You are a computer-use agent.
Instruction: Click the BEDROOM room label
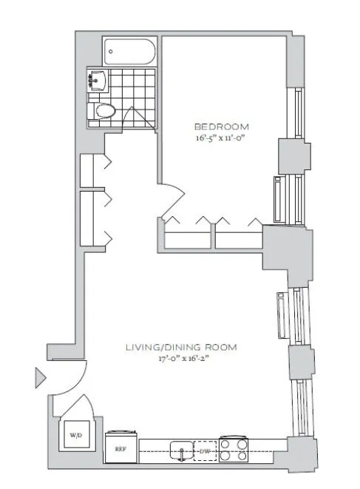click(x=222, y=126)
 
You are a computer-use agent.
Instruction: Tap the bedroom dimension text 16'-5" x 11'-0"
click(x=222, y=138)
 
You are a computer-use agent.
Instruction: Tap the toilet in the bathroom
click(x=104, y=112)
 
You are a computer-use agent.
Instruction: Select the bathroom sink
click(x=98, y=80)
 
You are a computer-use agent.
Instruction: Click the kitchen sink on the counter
click(x=180, y=448)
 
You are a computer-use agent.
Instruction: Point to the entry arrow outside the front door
click(x=40, y=380)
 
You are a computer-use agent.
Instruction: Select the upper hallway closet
click(x=92, y=170)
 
